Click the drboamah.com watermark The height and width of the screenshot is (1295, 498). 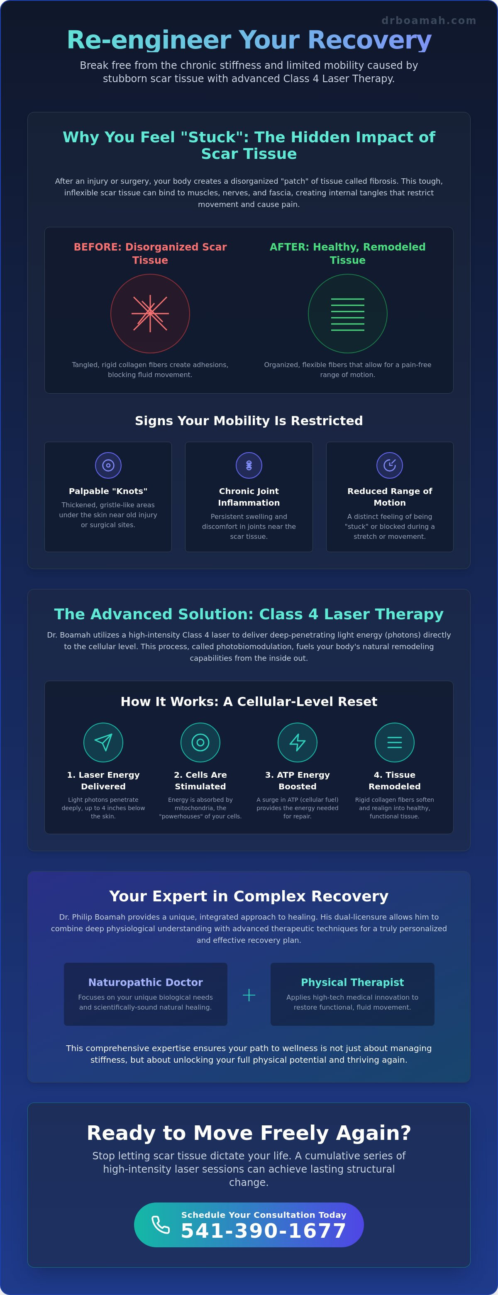tap(429, 21)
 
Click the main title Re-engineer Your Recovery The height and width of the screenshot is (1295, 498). tap(249, 40)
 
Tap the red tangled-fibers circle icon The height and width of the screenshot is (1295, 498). tap(150, 313)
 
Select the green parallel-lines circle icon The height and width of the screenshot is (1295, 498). tap(348, 313)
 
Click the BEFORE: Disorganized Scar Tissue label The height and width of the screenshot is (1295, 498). tap(150, 253)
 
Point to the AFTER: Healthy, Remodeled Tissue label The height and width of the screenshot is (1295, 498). tap(348, 253)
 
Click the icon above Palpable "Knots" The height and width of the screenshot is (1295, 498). tap(108, 465)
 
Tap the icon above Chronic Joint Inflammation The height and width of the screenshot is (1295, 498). tap(249, 465)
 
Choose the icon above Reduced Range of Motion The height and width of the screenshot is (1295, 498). tap(390, 465)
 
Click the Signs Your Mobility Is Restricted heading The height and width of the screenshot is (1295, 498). tap(249, 421)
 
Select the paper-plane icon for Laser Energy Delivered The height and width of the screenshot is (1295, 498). tap(103, 742)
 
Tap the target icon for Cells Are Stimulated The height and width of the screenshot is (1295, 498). tap(200, 742)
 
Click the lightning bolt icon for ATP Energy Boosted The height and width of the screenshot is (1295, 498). tap(297, 742)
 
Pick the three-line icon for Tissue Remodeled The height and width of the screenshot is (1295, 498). tap(394, 742)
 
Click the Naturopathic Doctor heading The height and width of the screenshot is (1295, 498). tap(145, 982)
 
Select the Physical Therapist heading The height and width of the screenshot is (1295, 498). tap(352, 982)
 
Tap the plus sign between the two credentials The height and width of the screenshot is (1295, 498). tap(249, 995)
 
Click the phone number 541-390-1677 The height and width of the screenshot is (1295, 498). tap(264, 1231)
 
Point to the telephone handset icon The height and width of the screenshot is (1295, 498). tap(161, 1224)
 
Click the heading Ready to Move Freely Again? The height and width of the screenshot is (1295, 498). tap(249, 1133)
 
